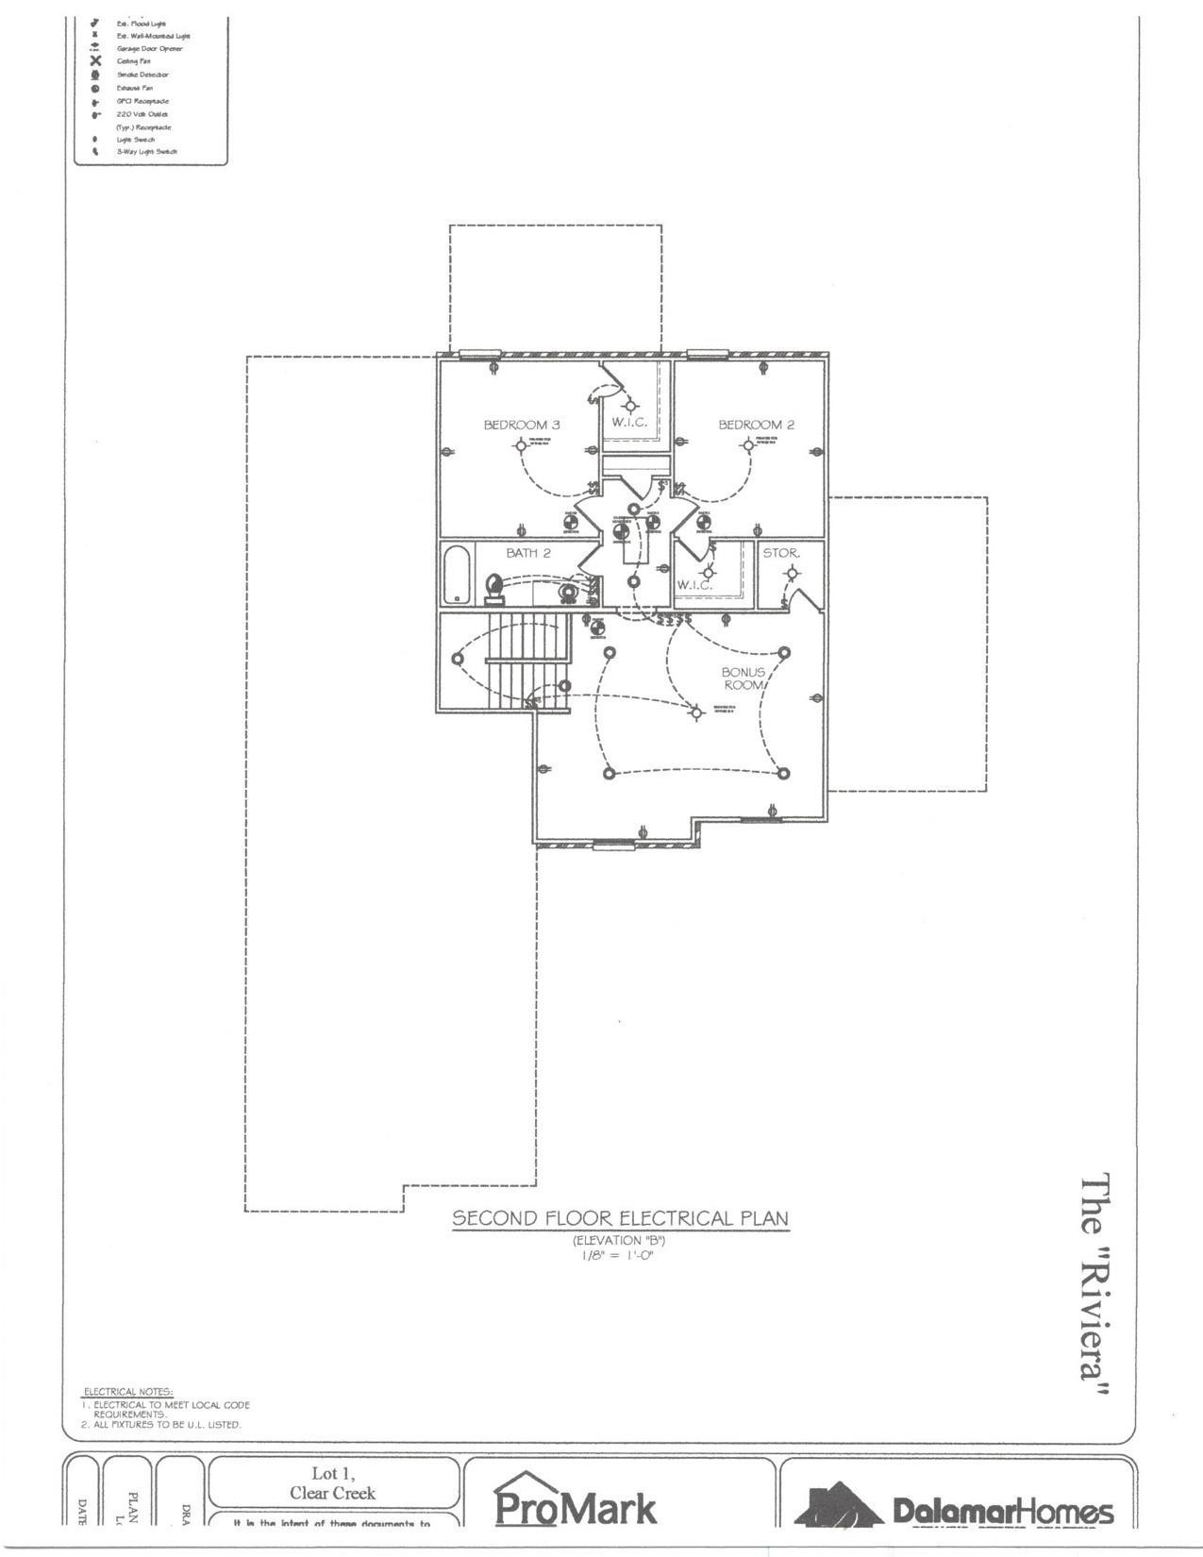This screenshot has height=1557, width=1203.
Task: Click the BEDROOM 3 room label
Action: tap(522, 425)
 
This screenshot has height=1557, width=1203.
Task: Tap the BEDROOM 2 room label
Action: tap(756, 425)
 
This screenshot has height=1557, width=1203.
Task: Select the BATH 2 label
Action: tap(527, 553)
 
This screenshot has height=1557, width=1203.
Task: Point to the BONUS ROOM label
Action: tap(744, 678)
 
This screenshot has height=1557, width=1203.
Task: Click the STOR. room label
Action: tap(781, 553)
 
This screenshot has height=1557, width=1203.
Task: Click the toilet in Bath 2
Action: tap(493, 588)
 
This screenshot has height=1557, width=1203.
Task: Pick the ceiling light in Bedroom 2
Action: tap(748, 444)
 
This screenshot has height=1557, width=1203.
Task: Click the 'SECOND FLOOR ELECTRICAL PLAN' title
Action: tap(620, 1217)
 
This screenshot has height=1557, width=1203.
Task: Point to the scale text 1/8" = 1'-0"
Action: tap(619, 1254)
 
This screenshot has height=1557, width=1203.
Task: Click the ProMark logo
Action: tap(575, 1506)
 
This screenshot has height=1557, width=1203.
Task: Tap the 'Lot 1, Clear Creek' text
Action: tap(332, 1482)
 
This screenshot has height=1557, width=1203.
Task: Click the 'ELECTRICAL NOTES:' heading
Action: tap(128, 1392)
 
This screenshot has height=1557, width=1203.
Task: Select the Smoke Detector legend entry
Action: tap(142, 75)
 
